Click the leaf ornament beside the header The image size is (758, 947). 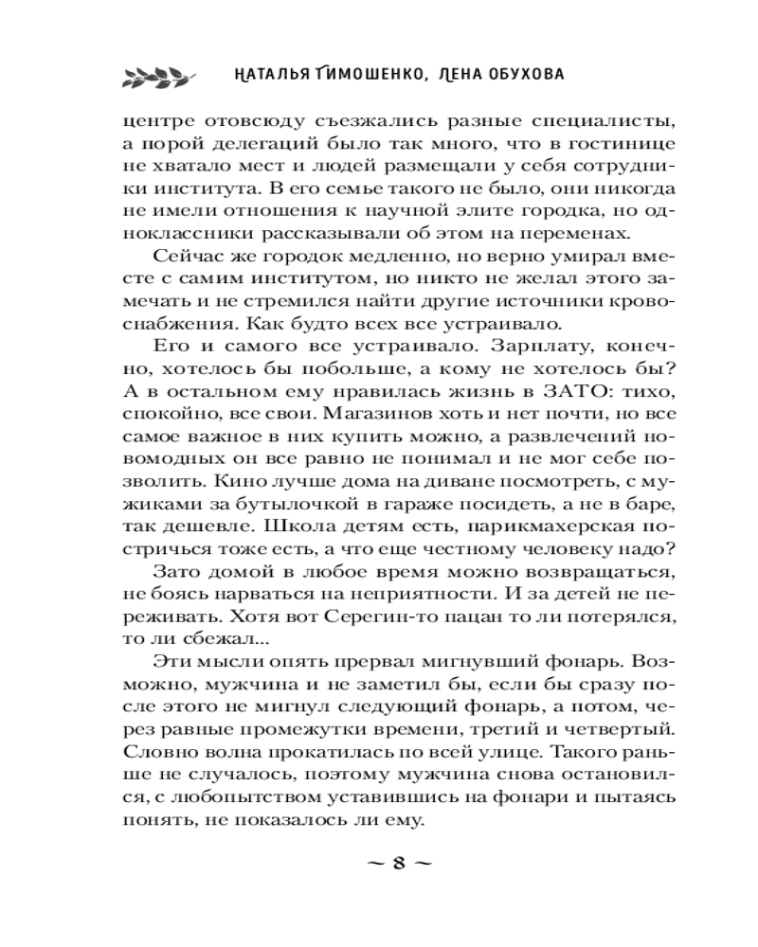(x=158, y=75)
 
